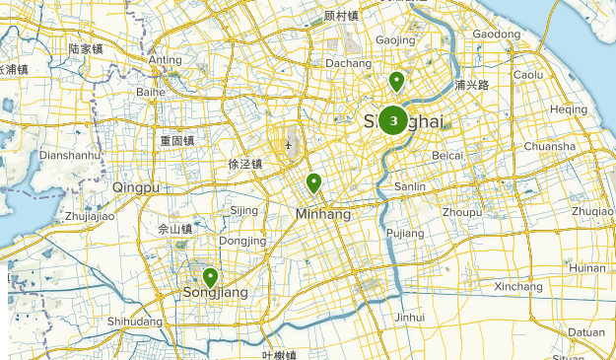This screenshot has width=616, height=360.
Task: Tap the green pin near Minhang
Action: [314, 182]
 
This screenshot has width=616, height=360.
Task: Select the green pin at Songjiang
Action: [210, 277]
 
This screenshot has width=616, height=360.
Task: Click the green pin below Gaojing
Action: [396, 81]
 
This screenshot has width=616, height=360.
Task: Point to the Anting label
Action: [165, 60]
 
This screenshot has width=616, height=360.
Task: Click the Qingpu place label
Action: [135, 187]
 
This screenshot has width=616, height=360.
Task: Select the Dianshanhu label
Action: [70, 155]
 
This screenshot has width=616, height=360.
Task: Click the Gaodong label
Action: [496, 35]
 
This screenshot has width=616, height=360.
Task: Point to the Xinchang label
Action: [517, 287]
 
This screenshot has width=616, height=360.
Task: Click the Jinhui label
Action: [409, 318]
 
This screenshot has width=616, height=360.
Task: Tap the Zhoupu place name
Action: [462, 212]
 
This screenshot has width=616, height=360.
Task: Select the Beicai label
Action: [447, 156]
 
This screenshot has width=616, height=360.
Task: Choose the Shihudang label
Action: [135, 322]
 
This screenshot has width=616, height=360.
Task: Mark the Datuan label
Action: [585, 332]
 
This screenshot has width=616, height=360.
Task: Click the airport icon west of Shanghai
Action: [288, 146]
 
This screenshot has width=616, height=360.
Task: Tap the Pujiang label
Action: [405, 233]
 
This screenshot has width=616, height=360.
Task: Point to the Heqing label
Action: [569, 109]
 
